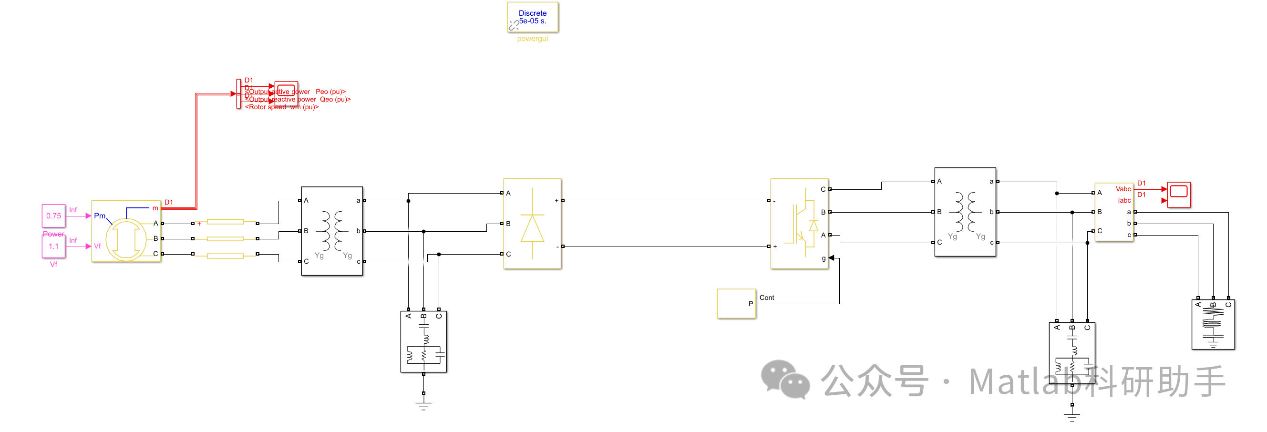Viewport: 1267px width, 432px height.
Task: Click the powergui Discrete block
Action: tap(532, 17)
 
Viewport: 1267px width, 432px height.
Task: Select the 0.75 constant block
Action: tap(53, 216)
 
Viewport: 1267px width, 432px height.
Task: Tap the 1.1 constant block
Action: tap(53, 246)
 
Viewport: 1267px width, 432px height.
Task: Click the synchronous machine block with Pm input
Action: tap(126, 231)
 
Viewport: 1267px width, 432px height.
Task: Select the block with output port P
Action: tap(736, 304)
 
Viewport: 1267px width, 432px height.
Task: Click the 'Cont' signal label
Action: tap(766, 298)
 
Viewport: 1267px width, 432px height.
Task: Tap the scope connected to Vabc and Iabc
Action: tap(1178, 195)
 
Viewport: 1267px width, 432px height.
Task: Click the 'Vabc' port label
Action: tap(1123, 189)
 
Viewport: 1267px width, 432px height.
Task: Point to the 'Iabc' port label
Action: tap(1124, 200)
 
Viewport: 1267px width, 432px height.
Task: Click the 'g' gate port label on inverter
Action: tap(824, 258)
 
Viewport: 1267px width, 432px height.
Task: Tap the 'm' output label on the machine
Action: tap(155, 208)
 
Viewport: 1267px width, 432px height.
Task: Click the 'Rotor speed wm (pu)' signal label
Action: tap(282, 107)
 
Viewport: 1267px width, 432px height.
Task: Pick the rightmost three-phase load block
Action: tap(1213, 325)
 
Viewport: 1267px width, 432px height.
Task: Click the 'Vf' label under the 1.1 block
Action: tap(53, 265)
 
